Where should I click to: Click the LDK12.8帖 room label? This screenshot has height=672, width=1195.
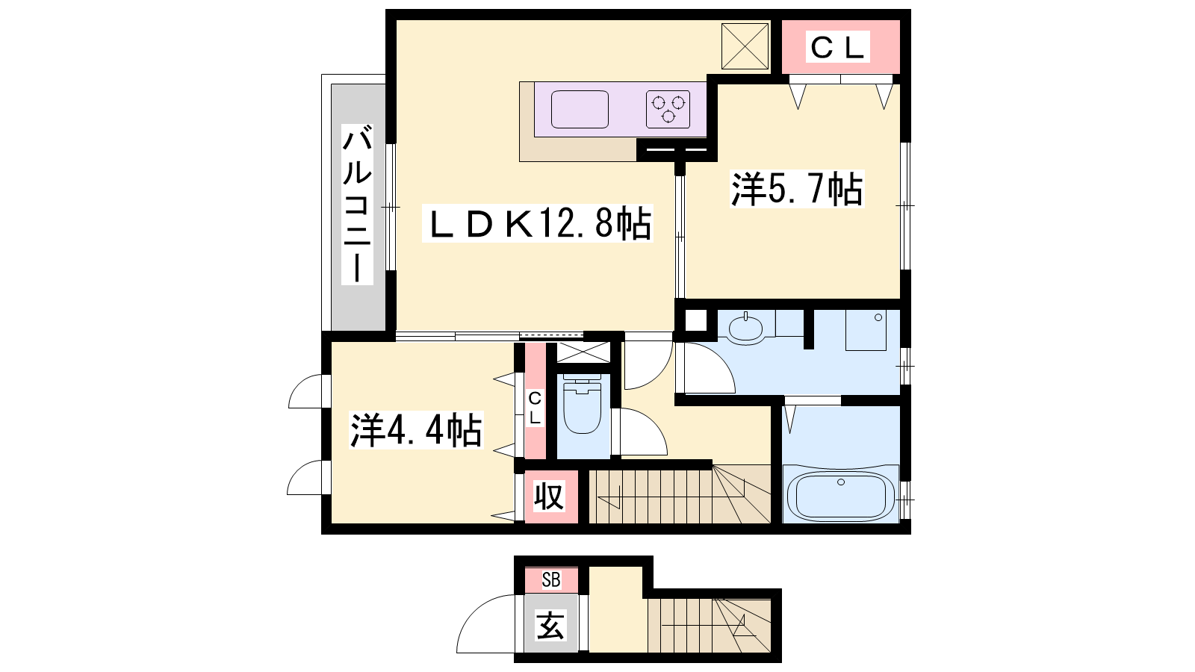(538, 223)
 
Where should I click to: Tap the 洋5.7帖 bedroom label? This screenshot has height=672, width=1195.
(797, 189)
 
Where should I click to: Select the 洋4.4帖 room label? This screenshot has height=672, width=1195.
(415, 430)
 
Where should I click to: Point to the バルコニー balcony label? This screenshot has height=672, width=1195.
(357, 204)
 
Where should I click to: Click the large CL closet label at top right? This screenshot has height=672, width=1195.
(837, 47)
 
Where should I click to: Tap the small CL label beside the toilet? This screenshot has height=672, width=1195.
(535, 408)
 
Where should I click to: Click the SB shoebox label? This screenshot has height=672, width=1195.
(551, 579)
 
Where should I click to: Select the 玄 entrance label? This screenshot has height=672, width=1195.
(550, 626)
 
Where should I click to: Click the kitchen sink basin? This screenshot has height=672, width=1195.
(580, 109)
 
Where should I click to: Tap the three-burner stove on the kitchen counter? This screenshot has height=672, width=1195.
(668, 109)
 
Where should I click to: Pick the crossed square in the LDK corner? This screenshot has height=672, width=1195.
(745, 46)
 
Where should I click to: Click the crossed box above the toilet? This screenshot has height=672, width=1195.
(583, 352)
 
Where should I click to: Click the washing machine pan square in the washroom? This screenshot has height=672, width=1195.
(866, 330)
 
